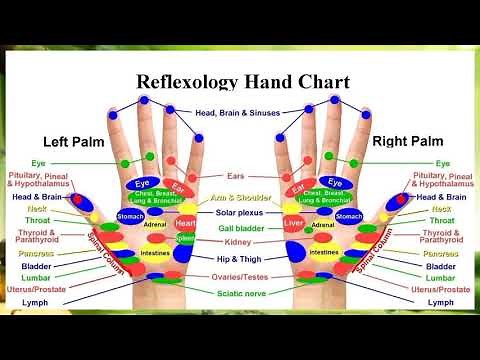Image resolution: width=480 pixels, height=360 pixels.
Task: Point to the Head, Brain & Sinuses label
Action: pyautogui.click(x=238, y=112)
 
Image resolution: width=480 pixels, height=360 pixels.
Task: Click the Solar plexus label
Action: pyautogui.click(x=238, y=213)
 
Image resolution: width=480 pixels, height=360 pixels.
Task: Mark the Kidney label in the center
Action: pyautogui.click(x=238, y=242)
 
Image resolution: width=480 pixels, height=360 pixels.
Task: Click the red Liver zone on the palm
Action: pyautogui.click(x=293, y=222)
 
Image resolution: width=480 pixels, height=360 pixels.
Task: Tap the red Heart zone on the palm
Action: pyautogui.click(x=185, y=223)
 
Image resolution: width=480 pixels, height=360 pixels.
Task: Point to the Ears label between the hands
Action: pyautogui.click(x=237, y=176)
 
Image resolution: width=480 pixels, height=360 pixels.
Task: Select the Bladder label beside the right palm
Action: pyautogui.click(x=441, y=267)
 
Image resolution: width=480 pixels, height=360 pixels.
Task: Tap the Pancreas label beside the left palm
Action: pyautogui.click(x=37, y=253)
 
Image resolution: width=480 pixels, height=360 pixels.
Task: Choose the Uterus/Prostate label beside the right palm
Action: pyautogui.click(x=440, y=289)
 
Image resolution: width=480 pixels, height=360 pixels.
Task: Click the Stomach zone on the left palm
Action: pyautogui.click(x=131, y=216)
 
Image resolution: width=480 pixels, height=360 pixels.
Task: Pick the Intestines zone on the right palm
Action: pyautogui.click(x=323, y=253)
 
